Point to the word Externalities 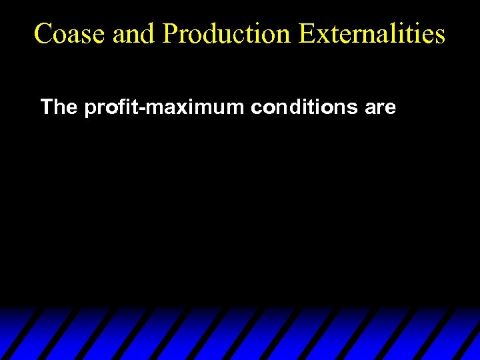click(x=371, y=33)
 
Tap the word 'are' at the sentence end click(x=381, y=107)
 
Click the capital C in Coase click(x=43, y=33)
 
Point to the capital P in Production click(x=169, y=33)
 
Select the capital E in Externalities click(x=307, y=33)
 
